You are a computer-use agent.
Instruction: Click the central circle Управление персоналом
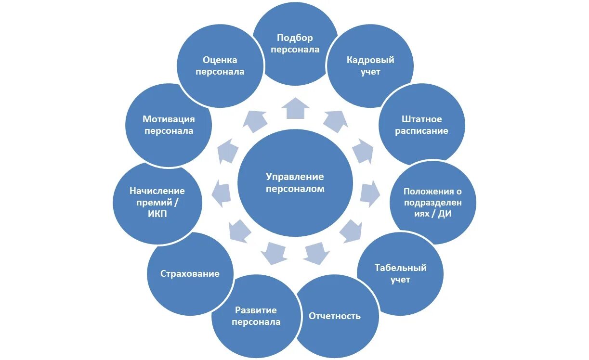(x=295, y=183)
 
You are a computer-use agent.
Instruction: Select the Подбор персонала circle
(x=295, y=44)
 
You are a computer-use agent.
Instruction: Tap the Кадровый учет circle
(x=370, y=66)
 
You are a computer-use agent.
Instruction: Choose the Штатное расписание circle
(x=422, y=125)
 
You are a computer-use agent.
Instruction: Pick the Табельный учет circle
(x=401, y=273)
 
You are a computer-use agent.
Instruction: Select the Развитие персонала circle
(x=256, y=316)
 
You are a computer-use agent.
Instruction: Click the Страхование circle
(x=190, y=274)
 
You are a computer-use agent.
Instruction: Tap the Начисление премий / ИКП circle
(x=157, y=203)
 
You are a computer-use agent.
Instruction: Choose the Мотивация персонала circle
(x=168, y=125)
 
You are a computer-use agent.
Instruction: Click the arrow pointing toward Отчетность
(x=316, y=253)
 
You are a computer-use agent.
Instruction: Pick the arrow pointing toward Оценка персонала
(x=255, y=120)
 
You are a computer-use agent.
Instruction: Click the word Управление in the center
(x=295, y=177)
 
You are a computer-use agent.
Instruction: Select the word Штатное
(x=422, y=119)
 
